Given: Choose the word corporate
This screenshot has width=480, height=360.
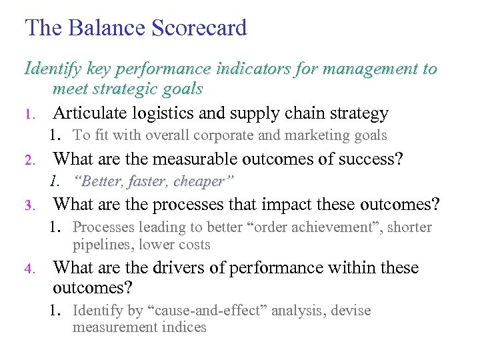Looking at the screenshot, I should tap(237, 135).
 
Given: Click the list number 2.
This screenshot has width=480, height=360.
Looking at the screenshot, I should tap(29, 160).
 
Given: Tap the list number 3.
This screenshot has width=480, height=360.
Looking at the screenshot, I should tap(29, 205).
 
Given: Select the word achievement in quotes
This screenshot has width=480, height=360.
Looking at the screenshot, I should tap(321, 227).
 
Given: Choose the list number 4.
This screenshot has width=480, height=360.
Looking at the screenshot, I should tap(29, 269).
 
